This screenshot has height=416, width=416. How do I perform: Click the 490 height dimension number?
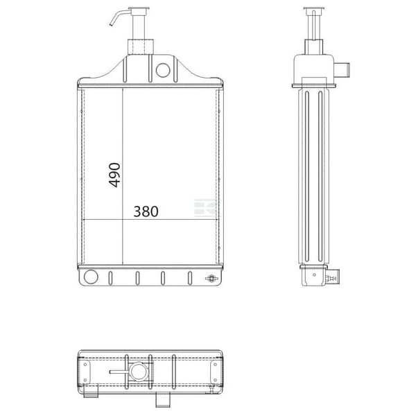tap(114, 175)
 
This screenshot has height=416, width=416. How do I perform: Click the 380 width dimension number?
tap(146, 211)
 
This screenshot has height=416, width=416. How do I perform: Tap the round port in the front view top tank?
tap(163, 70)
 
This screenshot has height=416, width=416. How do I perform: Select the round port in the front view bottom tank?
tap(91, 277)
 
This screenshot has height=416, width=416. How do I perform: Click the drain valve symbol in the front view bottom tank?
tap(211, 278)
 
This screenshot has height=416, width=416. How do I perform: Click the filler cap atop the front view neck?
tap(139, 9)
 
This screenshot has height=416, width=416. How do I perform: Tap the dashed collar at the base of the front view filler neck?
tap(141, 46)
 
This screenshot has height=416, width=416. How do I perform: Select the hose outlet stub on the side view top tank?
tap(342, 70)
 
